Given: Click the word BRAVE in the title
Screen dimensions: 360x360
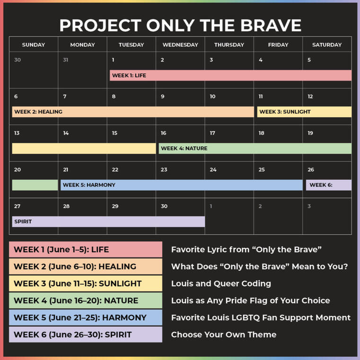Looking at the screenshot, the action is tap(271, 25).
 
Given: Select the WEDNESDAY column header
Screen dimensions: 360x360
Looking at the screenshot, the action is tap(180, 45).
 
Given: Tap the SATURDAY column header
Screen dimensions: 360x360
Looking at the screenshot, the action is tap(327, 45).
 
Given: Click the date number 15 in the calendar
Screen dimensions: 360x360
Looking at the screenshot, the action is tap(114, 133).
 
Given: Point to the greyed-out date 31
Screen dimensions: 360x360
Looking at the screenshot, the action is tap(65, 60).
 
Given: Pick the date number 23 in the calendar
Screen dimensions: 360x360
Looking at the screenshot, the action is tap(164, 170).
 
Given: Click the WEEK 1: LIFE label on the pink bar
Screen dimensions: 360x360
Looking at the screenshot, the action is tap(129, 75).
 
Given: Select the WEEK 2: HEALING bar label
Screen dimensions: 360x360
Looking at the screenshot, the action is tap(38, 112).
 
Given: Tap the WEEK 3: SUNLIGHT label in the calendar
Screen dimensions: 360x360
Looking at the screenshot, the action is tap(285, 112).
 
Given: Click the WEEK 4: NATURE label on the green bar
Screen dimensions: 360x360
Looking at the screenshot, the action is tap(184, 149).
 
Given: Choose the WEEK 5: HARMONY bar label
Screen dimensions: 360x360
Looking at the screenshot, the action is tap(89, 185).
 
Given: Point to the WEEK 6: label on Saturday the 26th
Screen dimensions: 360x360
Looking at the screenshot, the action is tap(321, 185).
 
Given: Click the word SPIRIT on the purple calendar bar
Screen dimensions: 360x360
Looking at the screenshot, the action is tap(23, 221).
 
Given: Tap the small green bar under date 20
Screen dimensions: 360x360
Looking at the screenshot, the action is tap(35, 185).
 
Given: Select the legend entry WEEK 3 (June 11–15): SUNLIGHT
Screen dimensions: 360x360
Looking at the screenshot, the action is tap(78, 283).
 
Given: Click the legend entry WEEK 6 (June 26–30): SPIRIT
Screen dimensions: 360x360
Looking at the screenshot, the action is tap(73, 335).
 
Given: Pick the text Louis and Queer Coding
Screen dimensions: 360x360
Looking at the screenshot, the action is tap(221, 283).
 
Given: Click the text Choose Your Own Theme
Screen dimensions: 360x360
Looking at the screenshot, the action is tap(224, 335).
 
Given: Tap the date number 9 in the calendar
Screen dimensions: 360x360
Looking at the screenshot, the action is tap(163, 97).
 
